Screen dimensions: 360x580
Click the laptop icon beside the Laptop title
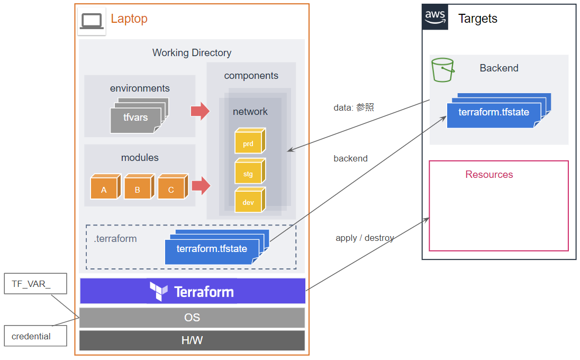pyautogui.click(x=92, y=21)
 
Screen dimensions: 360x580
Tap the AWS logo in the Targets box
pyautogui.click(x=436, y=17)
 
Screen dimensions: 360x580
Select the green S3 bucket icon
pyautogui.click(x=443, y=70)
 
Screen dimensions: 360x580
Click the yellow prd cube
pyautogui.click(x=249, y=141)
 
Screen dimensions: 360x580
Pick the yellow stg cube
pyautogui.click(x=249, y=172)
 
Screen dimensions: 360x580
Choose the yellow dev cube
pyautogui.click(x=249, y=200)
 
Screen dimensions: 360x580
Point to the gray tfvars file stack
pyautogui.click(x=138, y=116)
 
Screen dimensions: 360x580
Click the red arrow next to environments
pyautogui.click(x=200, y=111)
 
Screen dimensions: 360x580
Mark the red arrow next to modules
pyautogui.click(x=201, y=186)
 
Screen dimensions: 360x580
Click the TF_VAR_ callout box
pyautogui.click(x=35, y=284)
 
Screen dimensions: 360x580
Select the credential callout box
pyautogui.click(x=35, y=336)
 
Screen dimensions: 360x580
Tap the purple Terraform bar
pyautogui.click(x=193, y=291)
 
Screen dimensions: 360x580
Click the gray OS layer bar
pyautogui.click(x=192, y=318)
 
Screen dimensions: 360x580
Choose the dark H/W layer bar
pyautogui.click(x=192, y=340)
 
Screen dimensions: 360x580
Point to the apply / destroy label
pyautogui.click(x=365, y=238)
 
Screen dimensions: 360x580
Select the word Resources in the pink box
pyautogui.click(x=489, y=175)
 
